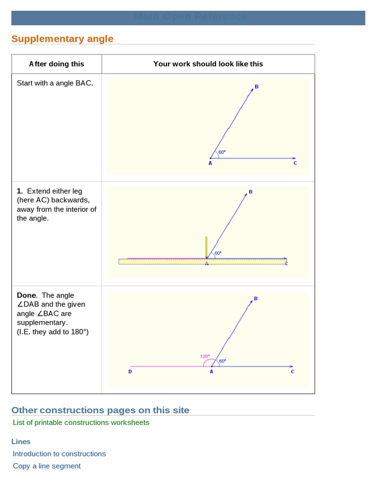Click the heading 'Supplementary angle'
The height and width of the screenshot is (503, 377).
tap(62, 39)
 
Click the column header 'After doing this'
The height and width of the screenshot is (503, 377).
tap(56, 64)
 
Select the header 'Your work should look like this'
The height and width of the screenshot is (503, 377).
tap(208, 64)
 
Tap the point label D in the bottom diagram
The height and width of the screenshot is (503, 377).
tap(130, 372)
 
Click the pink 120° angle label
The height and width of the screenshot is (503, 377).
tap(205, 356)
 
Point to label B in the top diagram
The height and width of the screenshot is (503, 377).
tap(256, 87)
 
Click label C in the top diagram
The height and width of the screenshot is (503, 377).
tap(295, 163)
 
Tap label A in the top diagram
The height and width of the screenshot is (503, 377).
tap(210, 163)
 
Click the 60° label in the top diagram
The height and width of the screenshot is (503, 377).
tap(222, 152)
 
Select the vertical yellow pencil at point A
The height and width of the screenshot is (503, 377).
tap(206, 246)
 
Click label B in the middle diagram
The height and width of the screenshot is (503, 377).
tap(250, 192)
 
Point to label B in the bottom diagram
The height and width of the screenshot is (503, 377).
tap(256, 298)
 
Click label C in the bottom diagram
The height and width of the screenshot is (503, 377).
tap(293, 372)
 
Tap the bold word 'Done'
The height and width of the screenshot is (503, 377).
tap(27, 295)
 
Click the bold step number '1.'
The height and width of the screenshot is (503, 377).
tap(20, 191)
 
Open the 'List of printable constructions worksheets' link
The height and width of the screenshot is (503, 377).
tap(81, 422)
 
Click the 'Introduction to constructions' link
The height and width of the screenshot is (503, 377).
tap(59, 454)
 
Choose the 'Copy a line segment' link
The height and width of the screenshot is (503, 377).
tap(47, 466)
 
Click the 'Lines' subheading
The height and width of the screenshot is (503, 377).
tap(21, 442)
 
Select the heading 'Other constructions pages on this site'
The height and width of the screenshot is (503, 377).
tap(100, 410)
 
